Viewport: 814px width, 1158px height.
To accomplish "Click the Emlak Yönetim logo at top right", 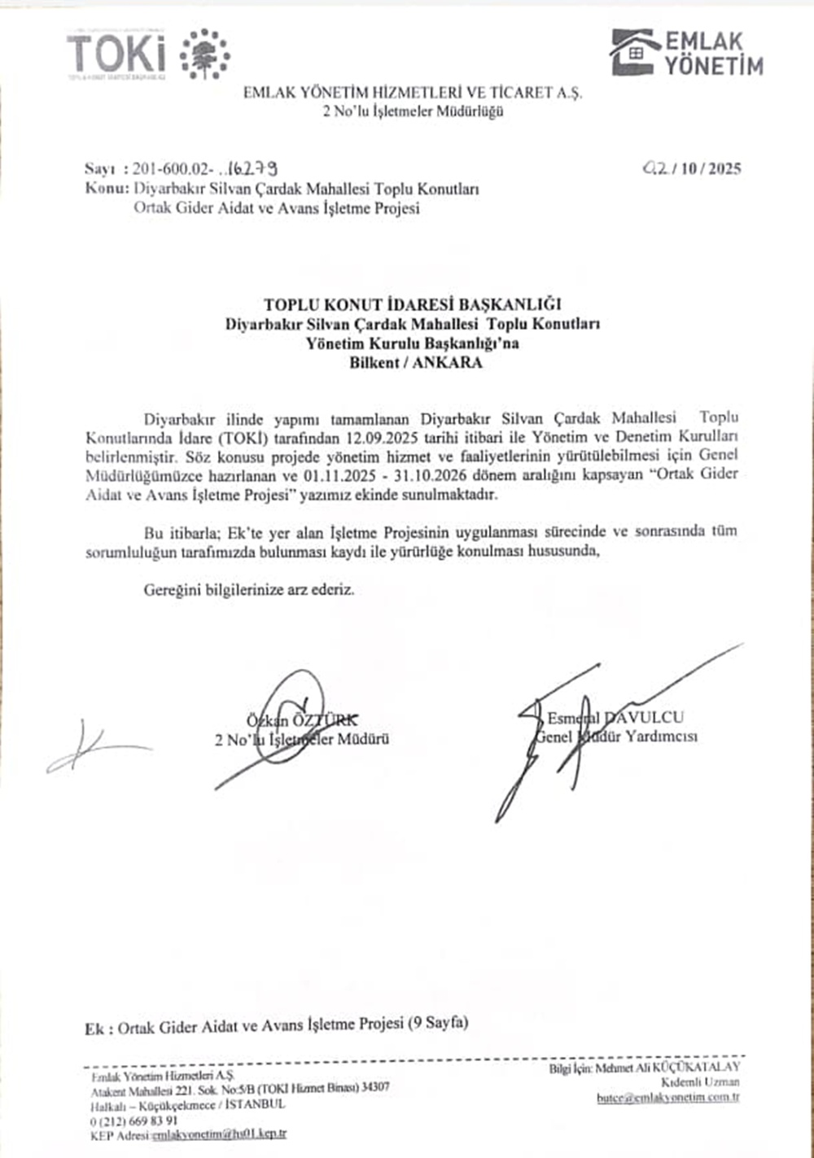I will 687,54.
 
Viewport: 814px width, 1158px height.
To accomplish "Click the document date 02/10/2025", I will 692,168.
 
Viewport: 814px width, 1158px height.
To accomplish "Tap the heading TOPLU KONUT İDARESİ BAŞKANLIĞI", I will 413,304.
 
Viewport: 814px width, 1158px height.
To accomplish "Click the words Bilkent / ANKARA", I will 416,363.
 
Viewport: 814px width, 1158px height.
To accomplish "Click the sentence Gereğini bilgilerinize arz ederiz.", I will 250,589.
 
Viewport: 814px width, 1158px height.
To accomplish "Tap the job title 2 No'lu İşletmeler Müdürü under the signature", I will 302,740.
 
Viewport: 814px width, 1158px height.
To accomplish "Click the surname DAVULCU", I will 643,718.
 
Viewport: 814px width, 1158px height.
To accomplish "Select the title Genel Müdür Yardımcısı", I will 617,737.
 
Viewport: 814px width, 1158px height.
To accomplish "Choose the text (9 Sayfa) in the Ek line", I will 438,1023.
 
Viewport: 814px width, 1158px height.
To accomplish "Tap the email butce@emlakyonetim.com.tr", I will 667,1098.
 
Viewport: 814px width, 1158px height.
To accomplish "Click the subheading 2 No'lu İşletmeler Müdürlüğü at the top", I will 413,111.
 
